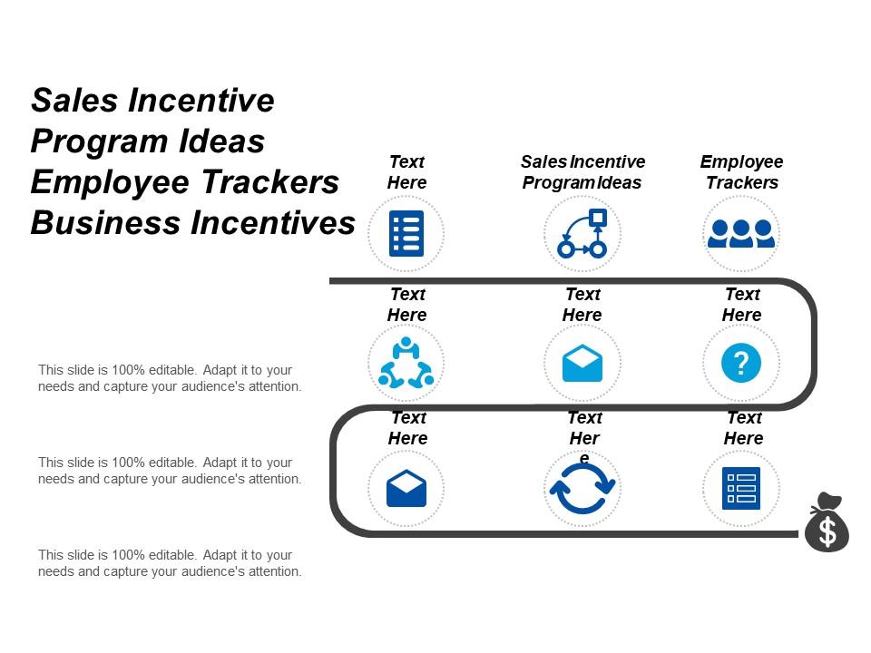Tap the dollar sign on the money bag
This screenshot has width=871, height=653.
pos(827,532)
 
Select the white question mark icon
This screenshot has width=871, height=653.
pos(741,363)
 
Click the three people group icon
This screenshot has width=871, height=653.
pos(741,233)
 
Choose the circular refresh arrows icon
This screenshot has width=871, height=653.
pos(582,490)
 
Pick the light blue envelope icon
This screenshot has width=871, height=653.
pos(582,364)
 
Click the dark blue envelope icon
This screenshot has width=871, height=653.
pos(406,490)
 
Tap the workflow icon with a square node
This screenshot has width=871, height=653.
pos(582,233)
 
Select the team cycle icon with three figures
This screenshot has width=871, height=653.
pos(406,363)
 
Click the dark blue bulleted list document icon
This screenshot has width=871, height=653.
pos(406,233)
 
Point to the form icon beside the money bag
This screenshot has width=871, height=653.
pos(741,490)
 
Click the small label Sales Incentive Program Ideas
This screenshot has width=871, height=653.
pos(582,172)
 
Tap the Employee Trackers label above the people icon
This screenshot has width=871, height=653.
pos(741,172)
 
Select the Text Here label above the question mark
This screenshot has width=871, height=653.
pos(741,305)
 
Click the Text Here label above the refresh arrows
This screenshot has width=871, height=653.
pos(584,428)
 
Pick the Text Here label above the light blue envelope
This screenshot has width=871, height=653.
pos(582,305)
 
